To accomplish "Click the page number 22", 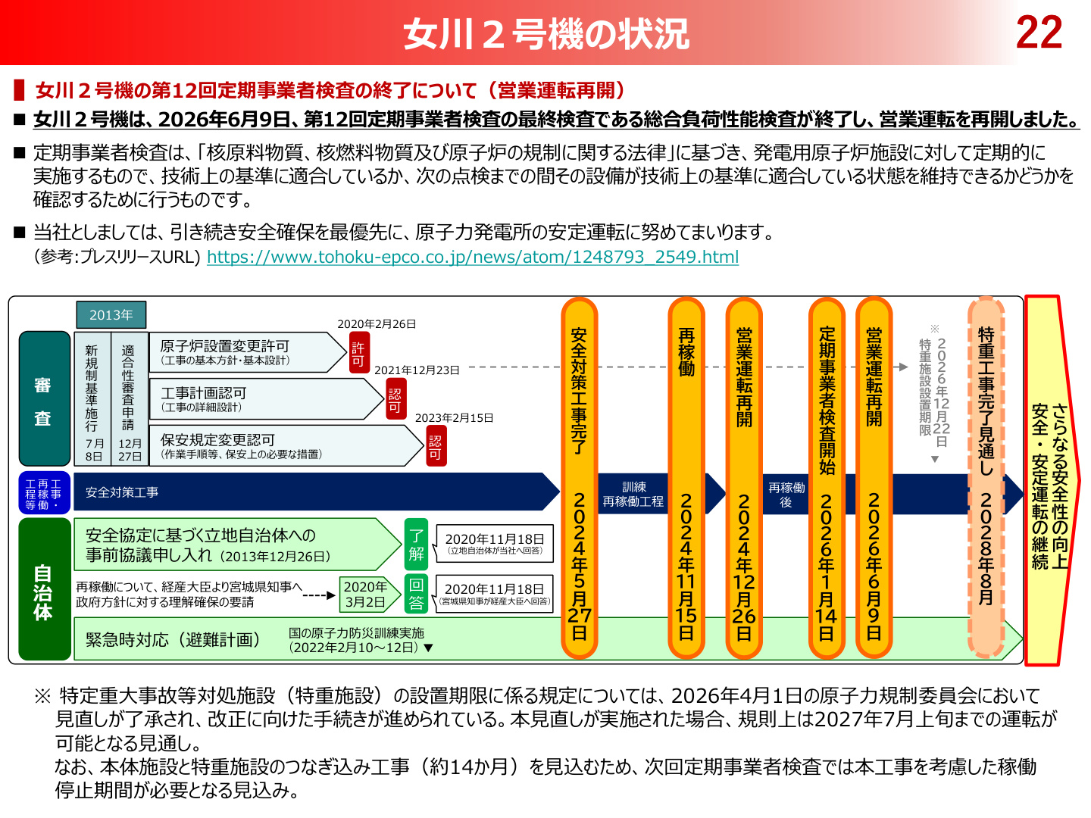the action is point(1038,33).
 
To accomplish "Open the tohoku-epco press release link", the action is point(472,257).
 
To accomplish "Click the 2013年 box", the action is point(111,315).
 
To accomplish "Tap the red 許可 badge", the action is point(359,354).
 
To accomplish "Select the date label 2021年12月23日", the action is point(417,370).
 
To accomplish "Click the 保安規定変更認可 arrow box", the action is point(286,445).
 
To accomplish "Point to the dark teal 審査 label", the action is point(44,398).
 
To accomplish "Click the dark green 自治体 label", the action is point(44,589).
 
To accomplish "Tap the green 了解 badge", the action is point(416,545).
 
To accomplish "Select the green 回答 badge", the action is point(416,595).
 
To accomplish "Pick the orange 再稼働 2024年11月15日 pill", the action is point(686,478).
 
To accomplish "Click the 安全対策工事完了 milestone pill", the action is point(579,478).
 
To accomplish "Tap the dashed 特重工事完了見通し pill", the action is point(986,478).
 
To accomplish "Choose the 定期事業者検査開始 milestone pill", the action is point(827,478).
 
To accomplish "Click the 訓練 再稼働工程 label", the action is point(633,494).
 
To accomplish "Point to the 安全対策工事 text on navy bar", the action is point(122,492).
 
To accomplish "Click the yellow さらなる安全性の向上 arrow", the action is point(1052,481).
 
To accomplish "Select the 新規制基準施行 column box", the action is point(92,398).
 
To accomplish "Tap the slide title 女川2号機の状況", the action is point(545,33).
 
